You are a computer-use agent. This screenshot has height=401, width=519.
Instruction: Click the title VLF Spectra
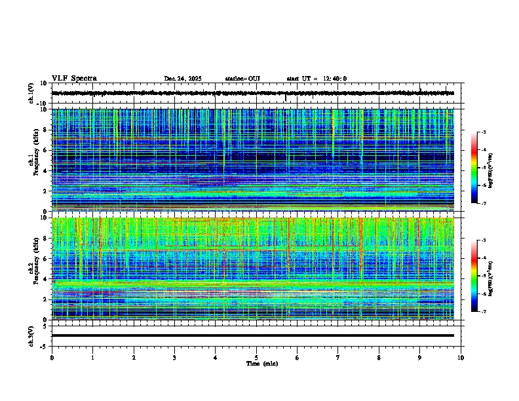coord(74,79)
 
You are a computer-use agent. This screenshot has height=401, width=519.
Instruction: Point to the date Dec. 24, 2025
coord(182,79)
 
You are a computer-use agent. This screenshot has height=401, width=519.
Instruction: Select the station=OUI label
coord(242,79)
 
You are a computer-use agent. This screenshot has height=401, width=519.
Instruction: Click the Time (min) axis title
coord(261,363)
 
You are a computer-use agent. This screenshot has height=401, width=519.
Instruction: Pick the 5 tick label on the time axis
coord(256,358)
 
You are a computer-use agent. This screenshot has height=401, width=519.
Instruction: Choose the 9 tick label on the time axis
coord(420,358)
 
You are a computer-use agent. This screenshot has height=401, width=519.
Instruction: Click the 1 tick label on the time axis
coord(92,358)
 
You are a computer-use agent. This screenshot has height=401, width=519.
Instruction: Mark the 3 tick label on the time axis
coord(174,358)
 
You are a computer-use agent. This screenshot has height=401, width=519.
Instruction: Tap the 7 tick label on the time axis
coord(338,358)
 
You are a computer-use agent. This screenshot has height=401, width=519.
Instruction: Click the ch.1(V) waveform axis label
coord(31,93)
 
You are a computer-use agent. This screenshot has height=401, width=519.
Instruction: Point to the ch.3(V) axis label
coord(31,335)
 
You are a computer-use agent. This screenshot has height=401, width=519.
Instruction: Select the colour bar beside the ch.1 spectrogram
coord(478,168)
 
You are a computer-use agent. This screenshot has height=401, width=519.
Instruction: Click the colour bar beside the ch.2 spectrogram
coord(478,276)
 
